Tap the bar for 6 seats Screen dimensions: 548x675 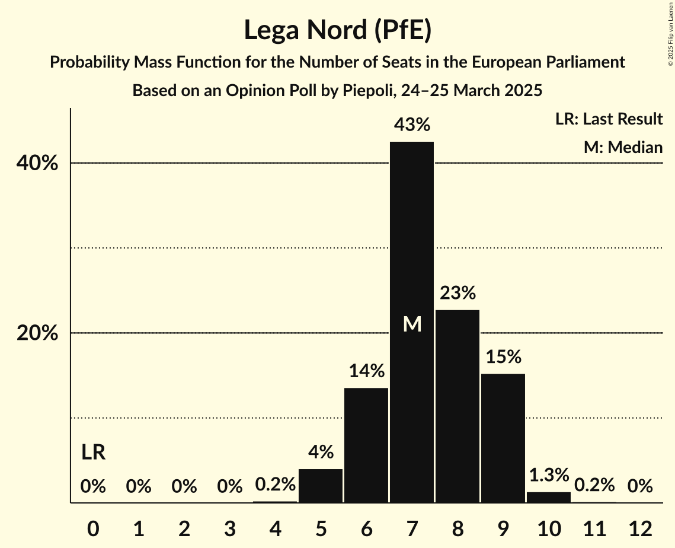tap(366, 445)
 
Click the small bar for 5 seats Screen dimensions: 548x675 tap(321, 486)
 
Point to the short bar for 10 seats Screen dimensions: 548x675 tap(549, 498)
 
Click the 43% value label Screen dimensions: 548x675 tap(412, 125)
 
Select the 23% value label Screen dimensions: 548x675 tap(458, 293)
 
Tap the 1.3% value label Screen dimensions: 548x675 tap(549, 475)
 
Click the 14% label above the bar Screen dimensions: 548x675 tap(366, 371)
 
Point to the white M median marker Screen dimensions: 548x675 tap(412, 324)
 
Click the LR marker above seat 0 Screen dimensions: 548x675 tap(93, 453)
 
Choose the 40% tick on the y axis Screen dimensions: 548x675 tap(37, 164)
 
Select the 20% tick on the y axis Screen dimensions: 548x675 tap(37, 334)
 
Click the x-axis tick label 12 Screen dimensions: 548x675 tap(640, 528)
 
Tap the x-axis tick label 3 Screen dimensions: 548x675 tap(229, 528)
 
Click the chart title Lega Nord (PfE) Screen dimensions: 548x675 tap(337, 31)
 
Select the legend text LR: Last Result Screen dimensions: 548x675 tap(609, 119)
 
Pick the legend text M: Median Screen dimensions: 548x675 tap(623, 147)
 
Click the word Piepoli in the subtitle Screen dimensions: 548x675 tap(368, 91)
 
